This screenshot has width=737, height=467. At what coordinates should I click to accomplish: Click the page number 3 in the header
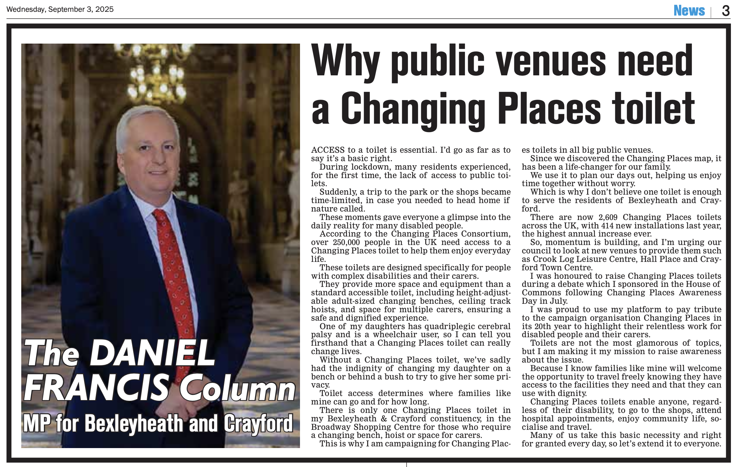pos(726,11)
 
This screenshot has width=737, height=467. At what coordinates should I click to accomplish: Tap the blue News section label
pos(689,11)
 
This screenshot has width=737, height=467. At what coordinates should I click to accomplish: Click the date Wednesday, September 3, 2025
pos(60,9)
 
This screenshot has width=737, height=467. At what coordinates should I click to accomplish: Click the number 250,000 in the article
pos(346,242)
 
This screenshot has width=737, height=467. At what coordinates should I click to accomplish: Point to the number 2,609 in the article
pos(608,217)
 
